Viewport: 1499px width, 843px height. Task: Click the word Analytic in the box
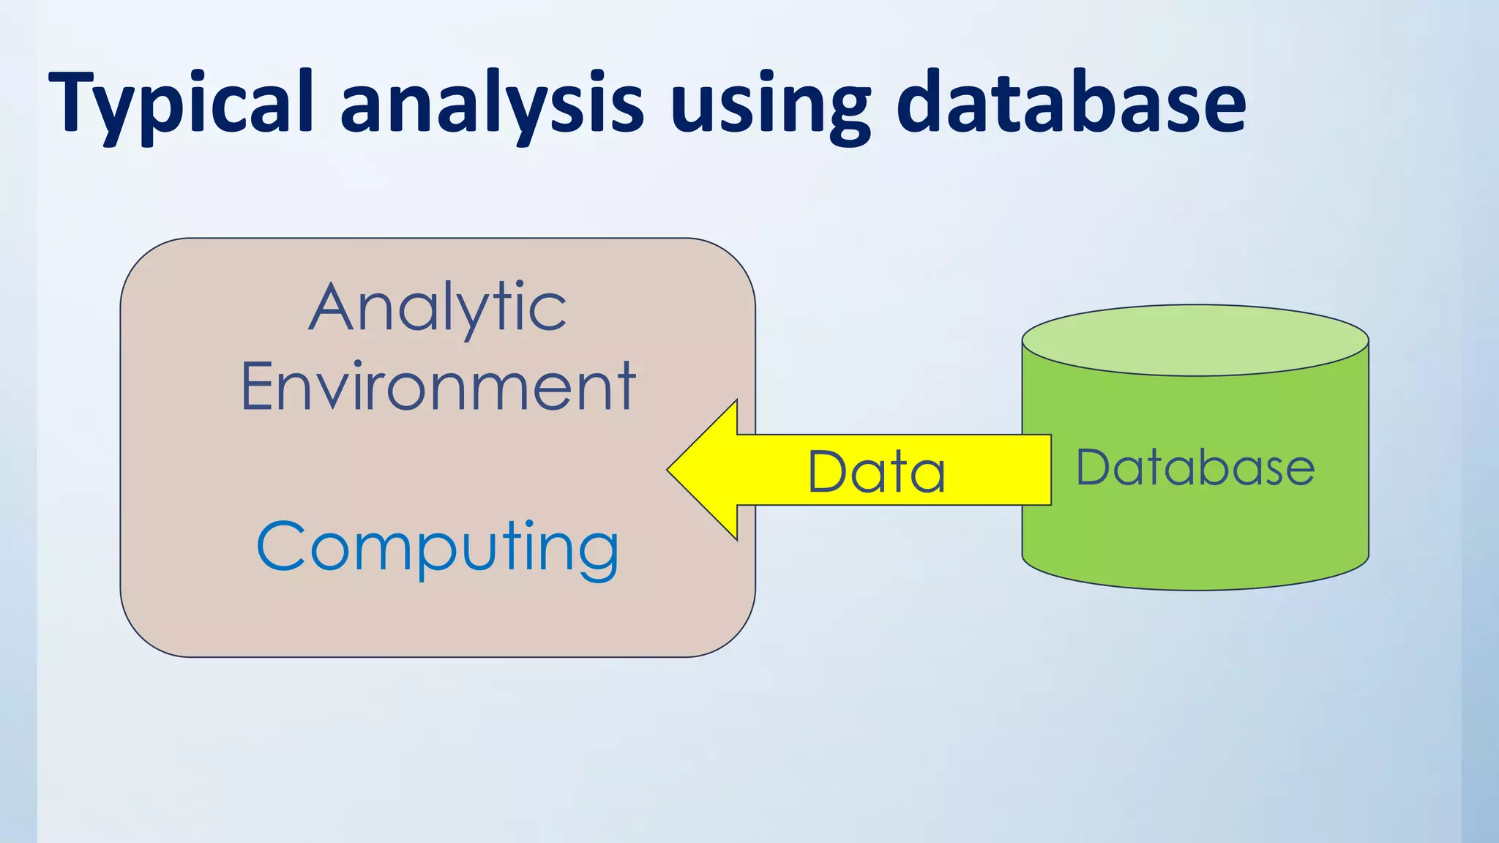(x=437, y=308)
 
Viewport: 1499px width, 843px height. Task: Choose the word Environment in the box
(x=438, y=386)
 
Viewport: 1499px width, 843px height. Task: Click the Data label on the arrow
(x=876, y=471)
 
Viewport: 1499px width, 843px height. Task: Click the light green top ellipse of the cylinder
(x=1195, y=340)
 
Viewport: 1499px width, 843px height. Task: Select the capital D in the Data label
(x=827, y=471)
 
